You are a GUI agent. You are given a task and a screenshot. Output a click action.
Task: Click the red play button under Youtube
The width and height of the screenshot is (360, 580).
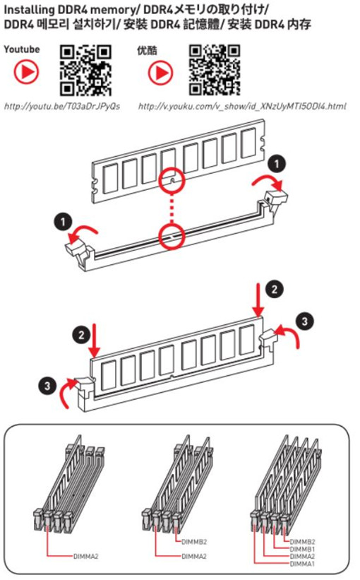(x=26, y=71)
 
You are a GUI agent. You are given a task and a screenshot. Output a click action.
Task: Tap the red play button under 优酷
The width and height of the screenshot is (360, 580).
(x=160, y=72)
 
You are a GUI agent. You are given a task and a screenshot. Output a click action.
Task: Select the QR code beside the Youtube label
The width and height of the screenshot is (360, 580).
(x=85, y=70)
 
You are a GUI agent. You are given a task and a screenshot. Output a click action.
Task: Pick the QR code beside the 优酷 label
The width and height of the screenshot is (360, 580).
(x=215, y=70)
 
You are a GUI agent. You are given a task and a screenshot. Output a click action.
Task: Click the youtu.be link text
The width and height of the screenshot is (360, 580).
(x=62, y=107)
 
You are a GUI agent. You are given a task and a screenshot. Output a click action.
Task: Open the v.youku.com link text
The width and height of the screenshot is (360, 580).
(x=242, y=107)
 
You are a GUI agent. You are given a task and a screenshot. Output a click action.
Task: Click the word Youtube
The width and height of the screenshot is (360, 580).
(x=22, y=49)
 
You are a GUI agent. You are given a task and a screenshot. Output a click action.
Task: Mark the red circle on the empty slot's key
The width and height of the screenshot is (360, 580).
(x=172, y=236)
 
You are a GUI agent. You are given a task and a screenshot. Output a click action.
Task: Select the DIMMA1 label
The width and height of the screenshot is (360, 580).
(x=302, y=564)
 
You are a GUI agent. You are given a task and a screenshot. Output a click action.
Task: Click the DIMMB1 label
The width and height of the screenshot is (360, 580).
(x=302, y=550)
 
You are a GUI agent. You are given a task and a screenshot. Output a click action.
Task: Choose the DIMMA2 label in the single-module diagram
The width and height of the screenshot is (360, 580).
(x=85, y=556)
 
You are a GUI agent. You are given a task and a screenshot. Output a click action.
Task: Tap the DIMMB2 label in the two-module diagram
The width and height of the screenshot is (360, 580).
(x=194, y=542)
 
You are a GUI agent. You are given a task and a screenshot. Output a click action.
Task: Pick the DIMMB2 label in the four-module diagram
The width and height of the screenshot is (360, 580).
(x=302, y=542)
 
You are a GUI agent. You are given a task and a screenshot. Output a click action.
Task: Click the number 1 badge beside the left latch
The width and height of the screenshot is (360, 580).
(x=64, y=222)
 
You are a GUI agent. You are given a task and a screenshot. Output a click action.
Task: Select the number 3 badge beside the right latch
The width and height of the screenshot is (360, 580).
(x=304, y=321)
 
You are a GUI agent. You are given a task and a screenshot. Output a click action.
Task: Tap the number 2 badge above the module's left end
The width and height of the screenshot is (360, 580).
(x=81, y=335)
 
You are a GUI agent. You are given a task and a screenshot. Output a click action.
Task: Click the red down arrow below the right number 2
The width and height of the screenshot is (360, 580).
(x=259, y=300)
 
